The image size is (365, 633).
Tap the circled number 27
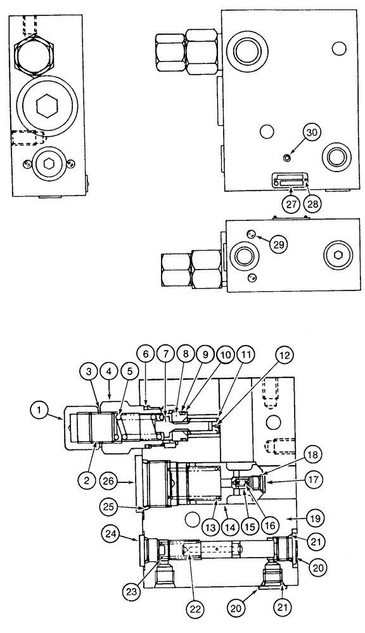tap(290, 204)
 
